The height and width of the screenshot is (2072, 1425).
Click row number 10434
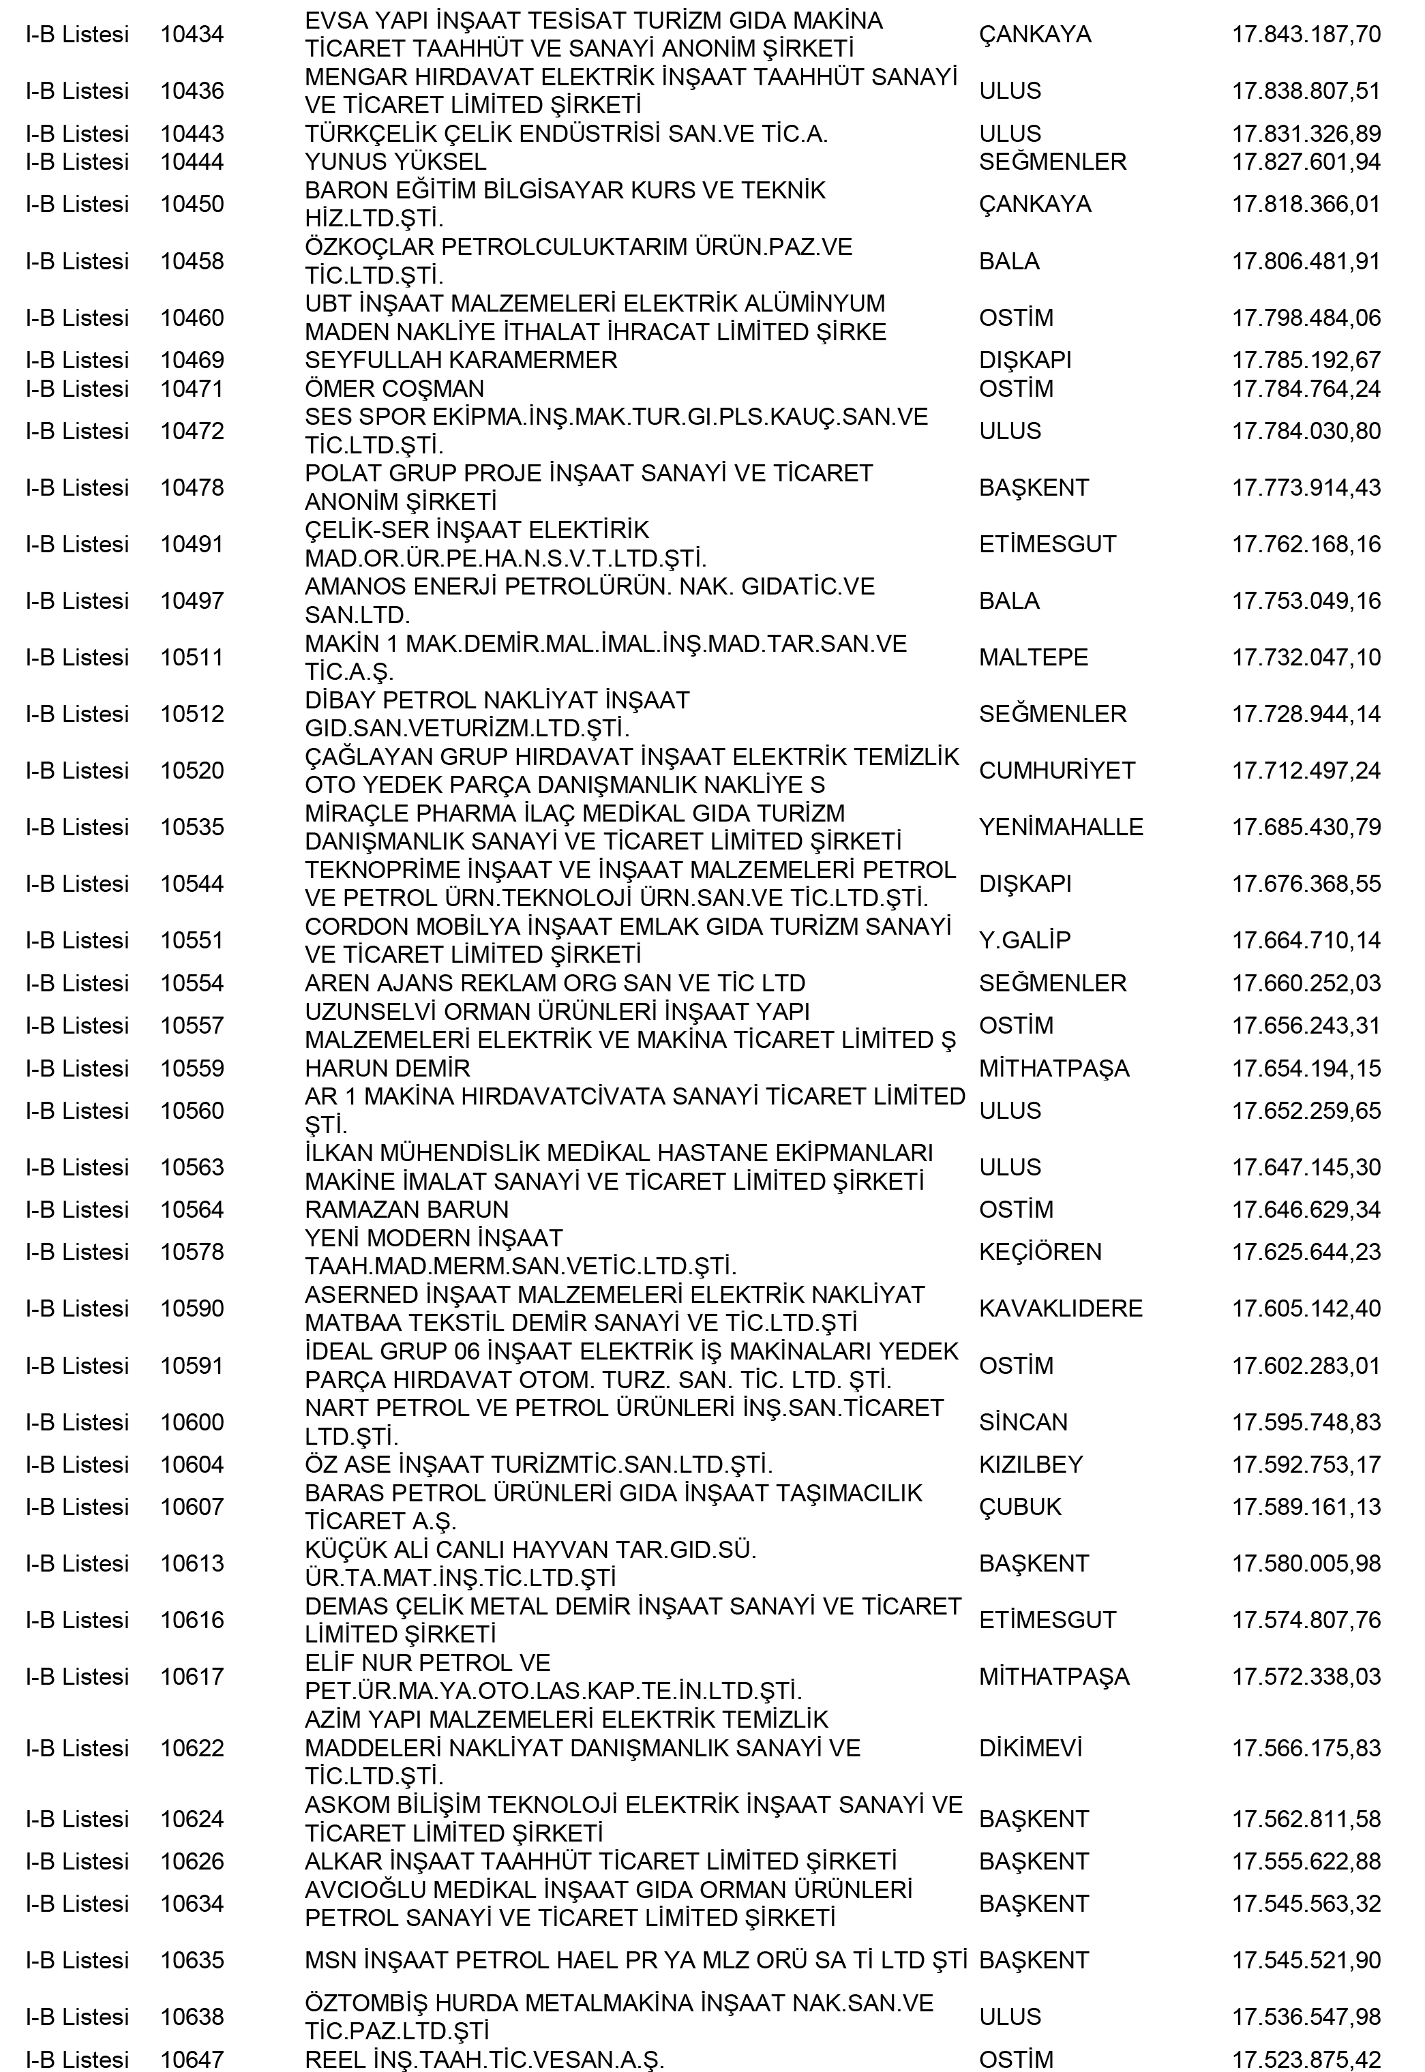coord(192,35)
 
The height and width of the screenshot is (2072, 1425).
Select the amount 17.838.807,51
coord(1306,91)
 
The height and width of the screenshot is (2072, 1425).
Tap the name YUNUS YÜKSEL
coord(395,162)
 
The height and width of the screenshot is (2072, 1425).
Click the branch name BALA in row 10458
coord(1009,262)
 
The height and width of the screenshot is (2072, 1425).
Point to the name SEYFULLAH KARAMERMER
coord(461,361)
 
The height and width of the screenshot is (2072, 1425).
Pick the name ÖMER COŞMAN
coord(395,389)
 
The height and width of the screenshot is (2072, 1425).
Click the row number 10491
coord(192,545)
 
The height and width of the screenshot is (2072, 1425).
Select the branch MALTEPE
coord(1033,658)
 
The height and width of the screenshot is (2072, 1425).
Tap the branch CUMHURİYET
coord(1057,770)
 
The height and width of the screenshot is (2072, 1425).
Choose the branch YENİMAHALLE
coord(1061,828)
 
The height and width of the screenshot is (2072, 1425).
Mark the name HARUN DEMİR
coord(387,1068)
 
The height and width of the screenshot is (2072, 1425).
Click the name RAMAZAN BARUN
coord(406,1210)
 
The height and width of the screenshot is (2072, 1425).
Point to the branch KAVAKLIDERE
coord(1061,1309)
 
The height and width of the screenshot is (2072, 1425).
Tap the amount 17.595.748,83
coord(1306,1422)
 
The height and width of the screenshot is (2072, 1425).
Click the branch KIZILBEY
coord(1030,1465)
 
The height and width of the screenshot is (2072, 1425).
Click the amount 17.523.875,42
coord(1306,2060)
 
